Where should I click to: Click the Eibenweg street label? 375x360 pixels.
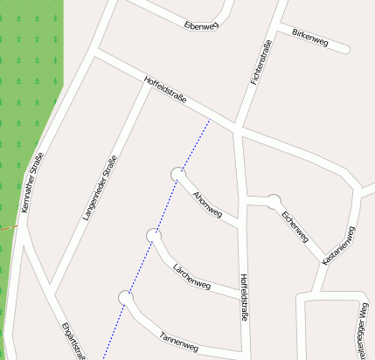(202, 25)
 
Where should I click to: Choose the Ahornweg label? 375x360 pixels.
(207, 203)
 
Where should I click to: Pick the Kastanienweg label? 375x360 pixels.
(339, 246)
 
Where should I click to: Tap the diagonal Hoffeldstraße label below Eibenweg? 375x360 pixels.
(165, 92)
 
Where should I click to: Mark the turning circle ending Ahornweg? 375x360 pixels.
(179, 174)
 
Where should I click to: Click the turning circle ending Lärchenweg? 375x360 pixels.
(154, 235)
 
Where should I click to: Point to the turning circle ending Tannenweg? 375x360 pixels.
(126, 299)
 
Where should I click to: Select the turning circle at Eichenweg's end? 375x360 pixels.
(274, 202)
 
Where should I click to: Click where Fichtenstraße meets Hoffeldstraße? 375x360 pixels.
(238, 129)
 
